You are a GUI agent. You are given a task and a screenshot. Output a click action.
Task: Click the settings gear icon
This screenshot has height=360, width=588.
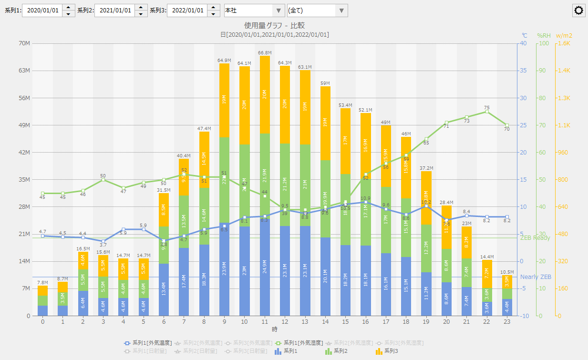tap(579, 10)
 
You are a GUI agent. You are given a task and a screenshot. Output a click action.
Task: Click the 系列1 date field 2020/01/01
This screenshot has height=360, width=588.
tap(42, 10)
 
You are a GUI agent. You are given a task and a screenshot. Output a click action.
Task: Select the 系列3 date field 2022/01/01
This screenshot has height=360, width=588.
tap(187, 10)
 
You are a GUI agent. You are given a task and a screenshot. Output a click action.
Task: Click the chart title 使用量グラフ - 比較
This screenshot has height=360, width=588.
tap(274, 25)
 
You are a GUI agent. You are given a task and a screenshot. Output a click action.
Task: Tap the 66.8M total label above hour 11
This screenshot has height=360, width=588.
tap(265, 53)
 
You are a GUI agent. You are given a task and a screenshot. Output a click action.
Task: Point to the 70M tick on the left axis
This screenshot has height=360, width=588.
tap(24, 43)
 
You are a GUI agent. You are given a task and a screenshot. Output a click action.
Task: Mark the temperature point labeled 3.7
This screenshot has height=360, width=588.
tap(103, 241)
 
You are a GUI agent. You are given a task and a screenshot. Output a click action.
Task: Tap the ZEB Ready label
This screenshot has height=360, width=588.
tap(535, 238)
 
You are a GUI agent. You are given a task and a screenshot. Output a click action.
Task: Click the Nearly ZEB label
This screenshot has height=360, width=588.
tap(536, 277)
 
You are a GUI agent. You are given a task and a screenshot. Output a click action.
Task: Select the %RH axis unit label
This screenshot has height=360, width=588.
tap(544, 35)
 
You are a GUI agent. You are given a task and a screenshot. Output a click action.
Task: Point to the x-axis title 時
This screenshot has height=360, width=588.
tap(275, 329)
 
